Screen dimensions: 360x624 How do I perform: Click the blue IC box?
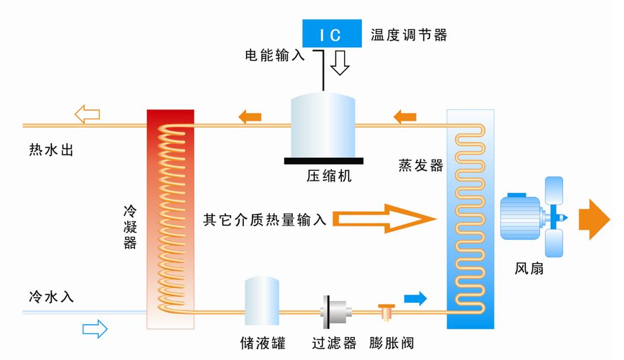331,34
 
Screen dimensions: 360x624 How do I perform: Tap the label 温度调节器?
409,34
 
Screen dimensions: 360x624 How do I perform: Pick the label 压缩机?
329,176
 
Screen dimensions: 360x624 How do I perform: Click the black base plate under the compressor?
324,160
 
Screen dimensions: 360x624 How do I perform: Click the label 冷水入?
51,297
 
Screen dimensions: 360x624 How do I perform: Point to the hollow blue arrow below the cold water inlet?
95,328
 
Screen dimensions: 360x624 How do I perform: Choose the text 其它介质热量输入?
264,220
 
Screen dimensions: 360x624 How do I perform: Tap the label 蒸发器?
421,166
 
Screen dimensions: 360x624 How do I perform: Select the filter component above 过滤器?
335,312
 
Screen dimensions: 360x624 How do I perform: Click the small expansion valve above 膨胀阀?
387,311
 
